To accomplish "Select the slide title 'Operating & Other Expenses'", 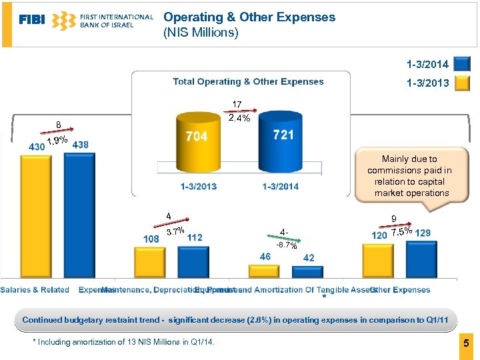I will tap(249, 17).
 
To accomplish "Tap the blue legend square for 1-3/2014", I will tap(460, 65).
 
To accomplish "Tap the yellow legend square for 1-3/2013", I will tap(460, 84).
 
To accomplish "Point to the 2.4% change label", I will tap(239, 119).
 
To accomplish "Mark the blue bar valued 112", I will tap(193, 261).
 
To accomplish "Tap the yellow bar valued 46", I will tap(263, 271).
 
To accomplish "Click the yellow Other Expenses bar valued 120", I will tap(378, 260).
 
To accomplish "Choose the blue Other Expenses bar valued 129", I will tap(421, 259).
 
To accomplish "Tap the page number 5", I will tap(467, 343).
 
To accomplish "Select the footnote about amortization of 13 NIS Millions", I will tap(124, 343).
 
